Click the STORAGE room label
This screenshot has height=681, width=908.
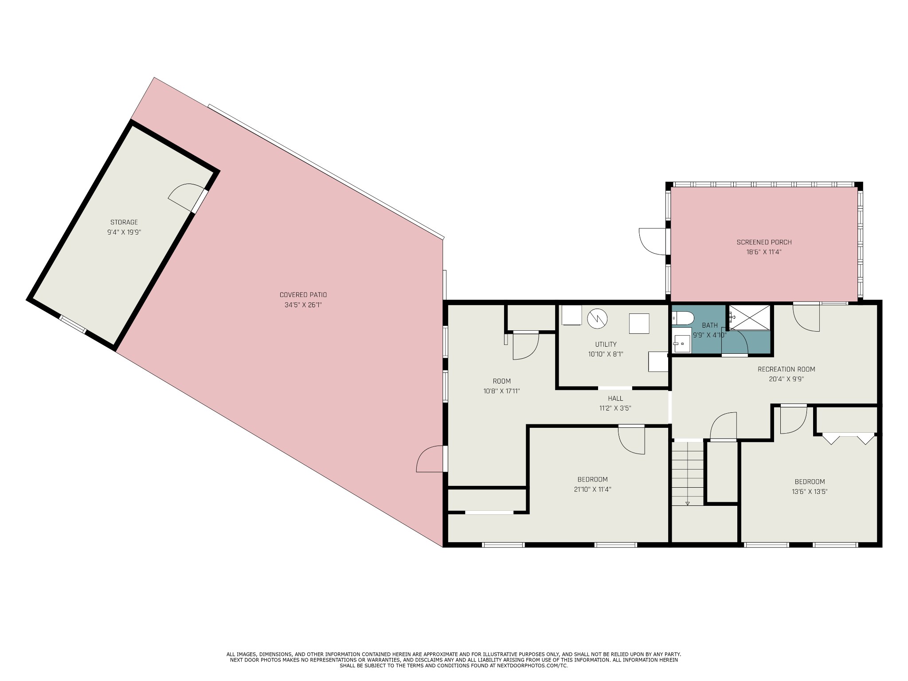[124, 222]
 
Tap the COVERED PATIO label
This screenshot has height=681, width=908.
[303, 295]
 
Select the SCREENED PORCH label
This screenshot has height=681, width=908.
[764, 242]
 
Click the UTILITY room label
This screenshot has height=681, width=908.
[606, 344]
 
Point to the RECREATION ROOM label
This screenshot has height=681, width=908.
[787, 369]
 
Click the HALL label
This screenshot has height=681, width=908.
[615, 399]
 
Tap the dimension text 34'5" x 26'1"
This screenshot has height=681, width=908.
[303, 305]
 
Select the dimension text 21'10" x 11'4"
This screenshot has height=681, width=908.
[592, 489]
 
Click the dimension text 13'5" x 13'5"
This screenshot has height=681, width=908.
[810, 491]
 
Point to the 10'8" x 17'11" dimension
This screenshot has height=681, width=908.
[501, 391]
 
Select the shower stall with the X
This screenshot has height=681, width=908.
[749, 317]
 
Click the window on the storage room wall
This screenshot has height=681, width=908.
[73, 324]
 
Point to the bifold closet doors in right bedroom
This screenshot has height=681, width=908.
[848, 438]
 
